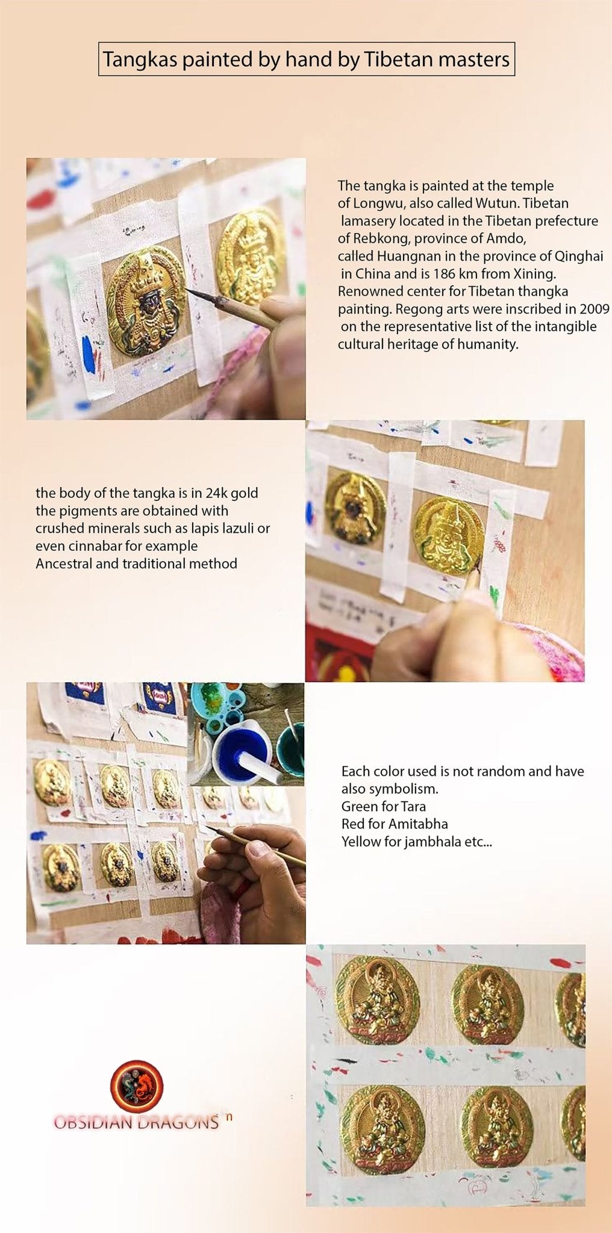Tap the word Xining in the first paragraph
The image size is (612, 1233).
(x=533, y=274)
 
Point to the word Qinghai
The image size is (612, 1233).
(x=578, y=256)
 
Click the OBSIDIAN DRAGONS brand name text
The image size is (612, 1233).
(x=136, y=1122)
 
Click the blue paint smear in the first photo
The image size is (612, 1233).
(x=87, y=352)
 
